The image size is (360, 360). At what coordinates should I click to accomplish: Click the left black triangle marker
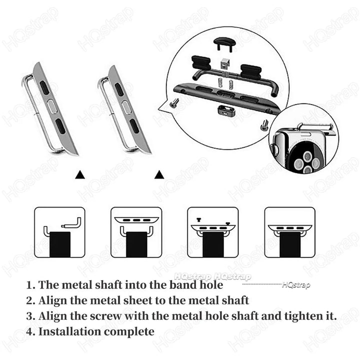pos(80,174)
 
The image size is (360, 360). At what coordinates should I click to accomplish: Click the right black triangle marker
pos(159,174)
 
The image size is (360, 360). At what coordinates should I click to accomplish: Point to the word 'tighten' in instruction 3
pos(304,316)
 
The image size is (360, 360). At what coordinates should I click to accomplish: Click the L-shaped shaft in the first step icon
pos(71,222)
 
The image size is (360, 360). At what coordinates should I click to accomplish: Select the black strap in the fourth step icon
pos(289,244)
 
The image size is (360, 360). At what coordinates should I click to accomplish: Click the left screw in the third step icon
pos(199,219)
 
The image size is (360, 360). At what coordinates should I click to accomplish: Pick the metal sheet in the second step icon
pos(136,219)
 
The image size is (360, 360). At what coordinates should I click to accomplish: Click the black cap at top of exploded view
pos(224,43)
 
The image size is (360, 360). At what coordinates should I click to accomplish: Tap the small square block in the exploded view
pos(225,64)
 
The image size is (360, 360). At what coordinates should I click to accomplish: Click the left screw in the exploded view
pos(174,103)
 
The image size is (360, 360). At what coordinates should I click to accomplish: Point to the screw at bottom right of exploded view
pos(264,125)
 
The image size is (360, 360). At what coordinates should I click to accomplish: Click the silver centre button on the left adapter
pos(52,106)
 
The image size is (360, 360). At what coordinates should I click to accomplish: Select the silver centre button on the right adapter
pos(126,107)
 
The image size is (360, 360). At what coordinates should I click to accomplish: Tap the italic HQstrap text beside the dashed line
pos(296,285)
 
